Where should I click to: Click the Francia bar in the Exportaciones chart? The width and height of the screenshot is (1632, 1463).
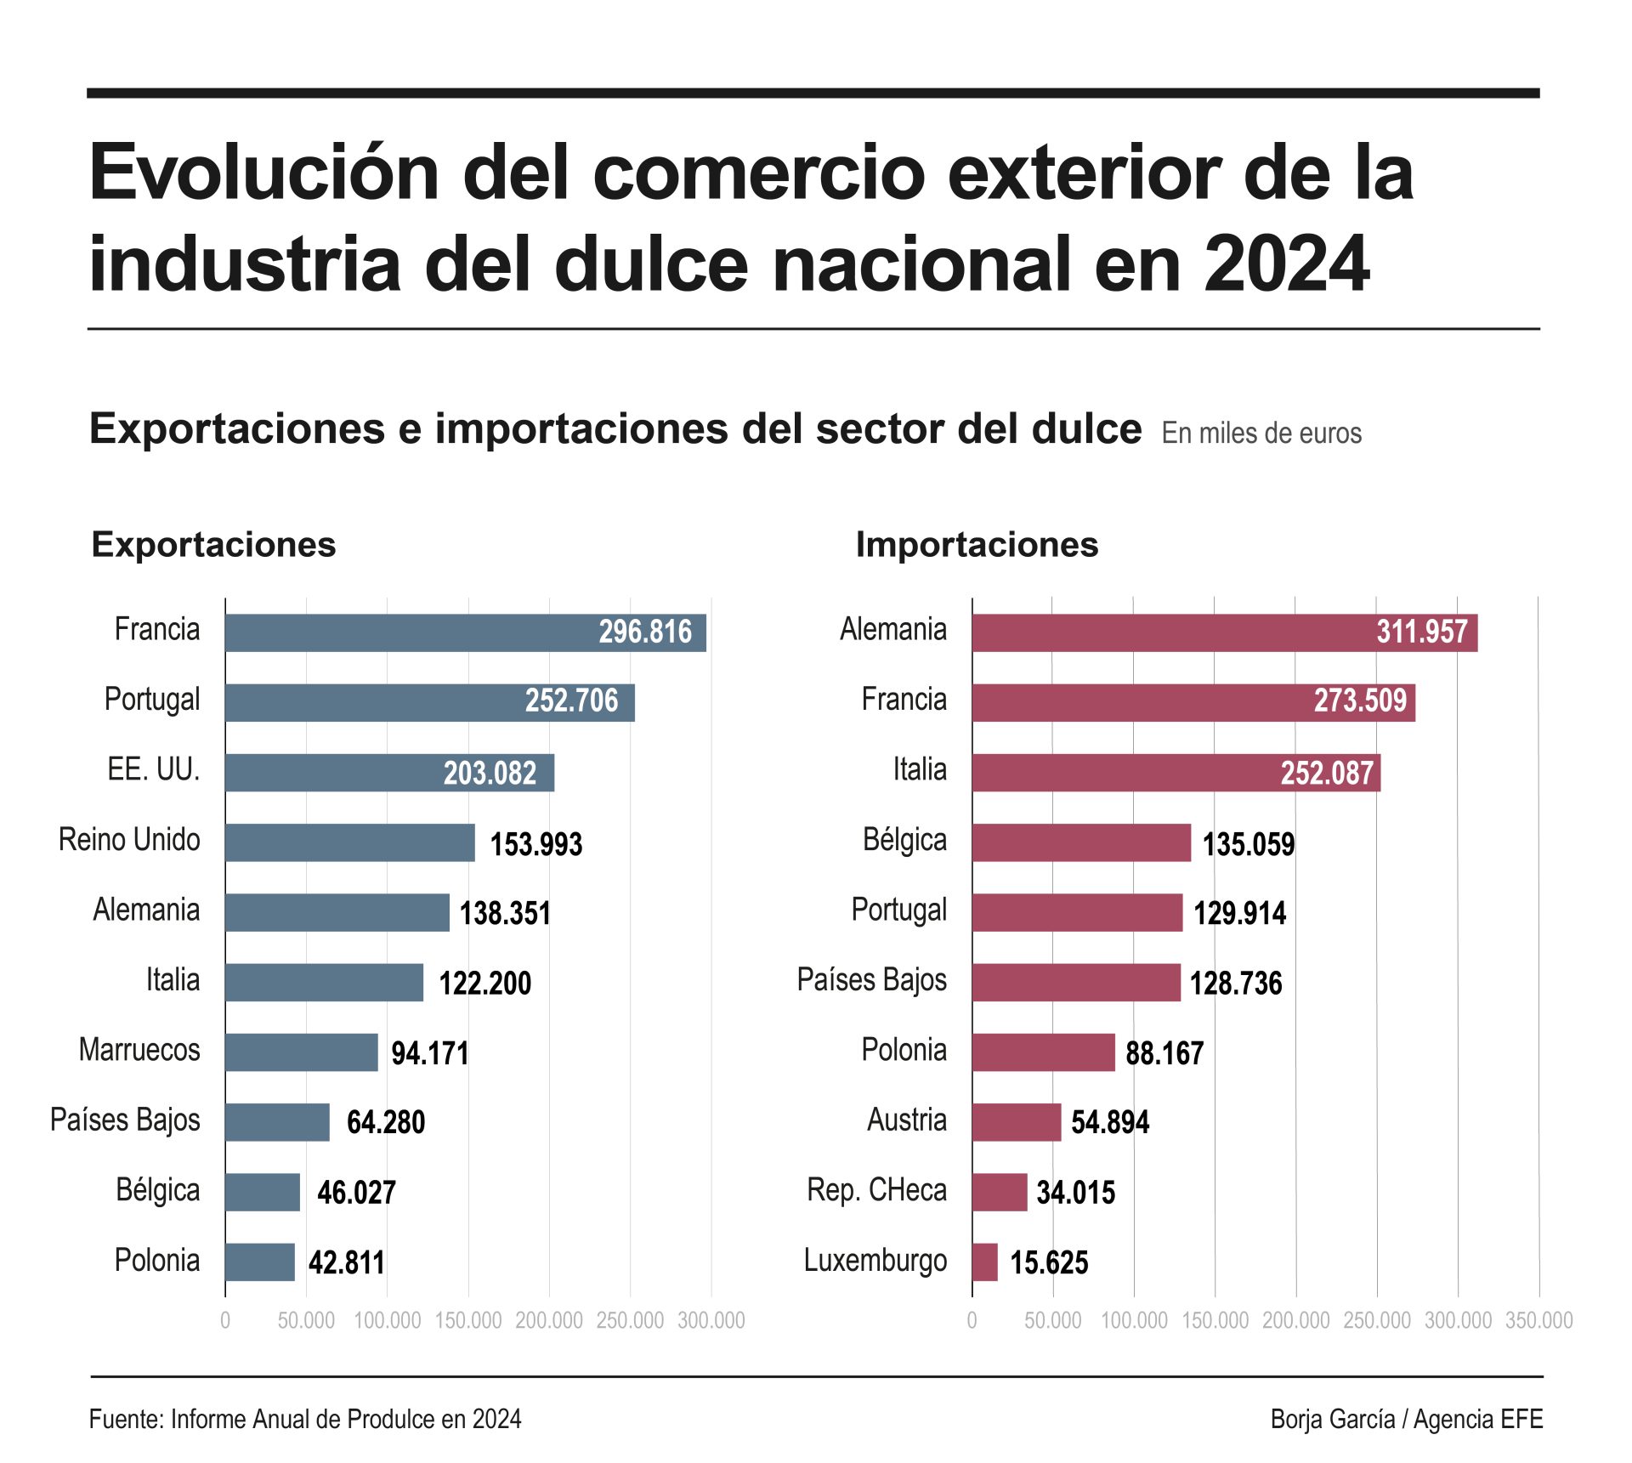pyautogui.click(x=465, y=632)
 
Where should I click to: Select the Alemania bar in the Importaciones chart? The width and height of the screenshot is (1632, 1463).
pyautogui.click(x=1224, y=632)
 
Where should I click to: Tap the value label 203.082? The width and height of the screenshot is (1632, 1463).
pyautogui.click(x=490, y=773)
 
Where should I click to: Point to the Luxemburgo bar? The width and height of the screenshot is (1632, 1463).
pyautogui.click(x=985, y=1262)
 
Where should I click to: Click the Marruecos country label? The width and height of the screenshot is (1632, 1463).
pyautogui.click(x=139, y=1050)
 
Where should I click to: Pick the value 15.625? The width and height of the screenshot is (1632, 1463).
pyautogui.click(x=1049, y=1262)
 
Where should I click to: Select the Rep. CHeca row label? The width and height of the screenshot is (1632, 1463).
pyautogui.click(x=876, y=1190)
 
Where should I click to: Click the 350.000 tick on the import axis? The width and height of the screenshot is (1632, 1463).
pyautogui.click(x=1538, y=1320)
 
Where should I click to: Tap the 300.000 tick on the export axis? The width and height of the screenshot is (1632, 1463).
pyautogui.click(x=711, y=1320)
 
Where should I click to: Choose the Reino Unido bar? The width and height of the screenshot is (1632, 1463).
pyautogui.click(x=350, y=842)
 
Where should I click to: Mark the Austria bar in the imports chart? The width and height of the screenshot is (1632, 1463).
pyautogui.click(x=1017, y=1122)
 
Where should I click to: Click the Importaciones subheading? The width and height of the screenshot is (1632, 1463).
pyautogui.click(x=977, y=544)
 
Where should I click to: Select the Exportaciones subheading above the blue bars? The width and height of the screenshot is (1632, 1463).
pyautogui.click(x=213, y=544)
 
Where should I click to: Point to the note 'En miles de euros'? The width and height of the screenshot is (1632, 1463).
pyautogui.click(x=1261, y=433)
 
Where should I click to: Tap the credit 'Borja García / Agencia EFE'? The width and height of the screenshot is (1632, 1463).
pyautogui.click(x=1406, y=1419)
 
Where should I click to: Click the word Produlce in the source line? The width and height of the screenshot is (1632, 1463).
pyautogui.click(x=392, y=1419)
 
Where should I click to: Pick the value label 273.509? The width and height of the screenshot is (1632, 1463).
pyautogui.click(x=1360, y=700)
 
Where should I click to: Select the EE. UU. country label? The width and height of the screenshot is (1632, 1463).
pyautogui.click(x=154, y=769)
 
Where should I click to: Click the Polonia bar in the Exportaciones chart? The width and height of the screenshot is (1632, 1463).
pyautogui.click(x=260, y=1262)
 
